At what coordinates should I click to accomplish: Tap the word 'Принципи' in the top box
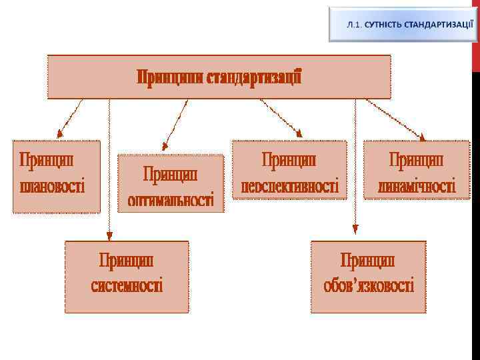pyautogui.click(x=170, y=78)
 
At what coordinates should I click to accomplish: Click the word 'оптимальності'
pyautogui.click(x=171, y=199)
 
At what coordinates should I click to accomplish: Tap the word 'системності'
pyautogui.click(x=127, y=285)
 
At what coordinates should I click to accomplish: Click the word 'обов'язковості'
pyautogui.click(x=368, y=285)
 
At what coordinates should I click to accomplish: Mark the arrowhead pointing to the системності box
pyautogui.click(x=109, y=234)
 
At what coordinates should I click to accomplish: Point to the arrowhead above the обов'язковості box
pyautogui.click(x=355, y=229)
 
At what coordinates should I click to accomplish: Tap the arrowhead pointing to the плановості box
pyautogui.click(x=60, y=131)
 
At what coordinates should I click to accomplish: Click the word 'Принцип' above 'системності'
pyautogui.click(x=127, y=259)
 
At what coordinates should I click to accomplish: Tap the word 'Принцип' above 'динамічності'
pyautogui.click(x=417, y=160)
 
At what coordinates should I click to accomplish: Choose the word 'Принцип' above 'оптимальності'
pyautogui.click(x=171, y=174)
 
